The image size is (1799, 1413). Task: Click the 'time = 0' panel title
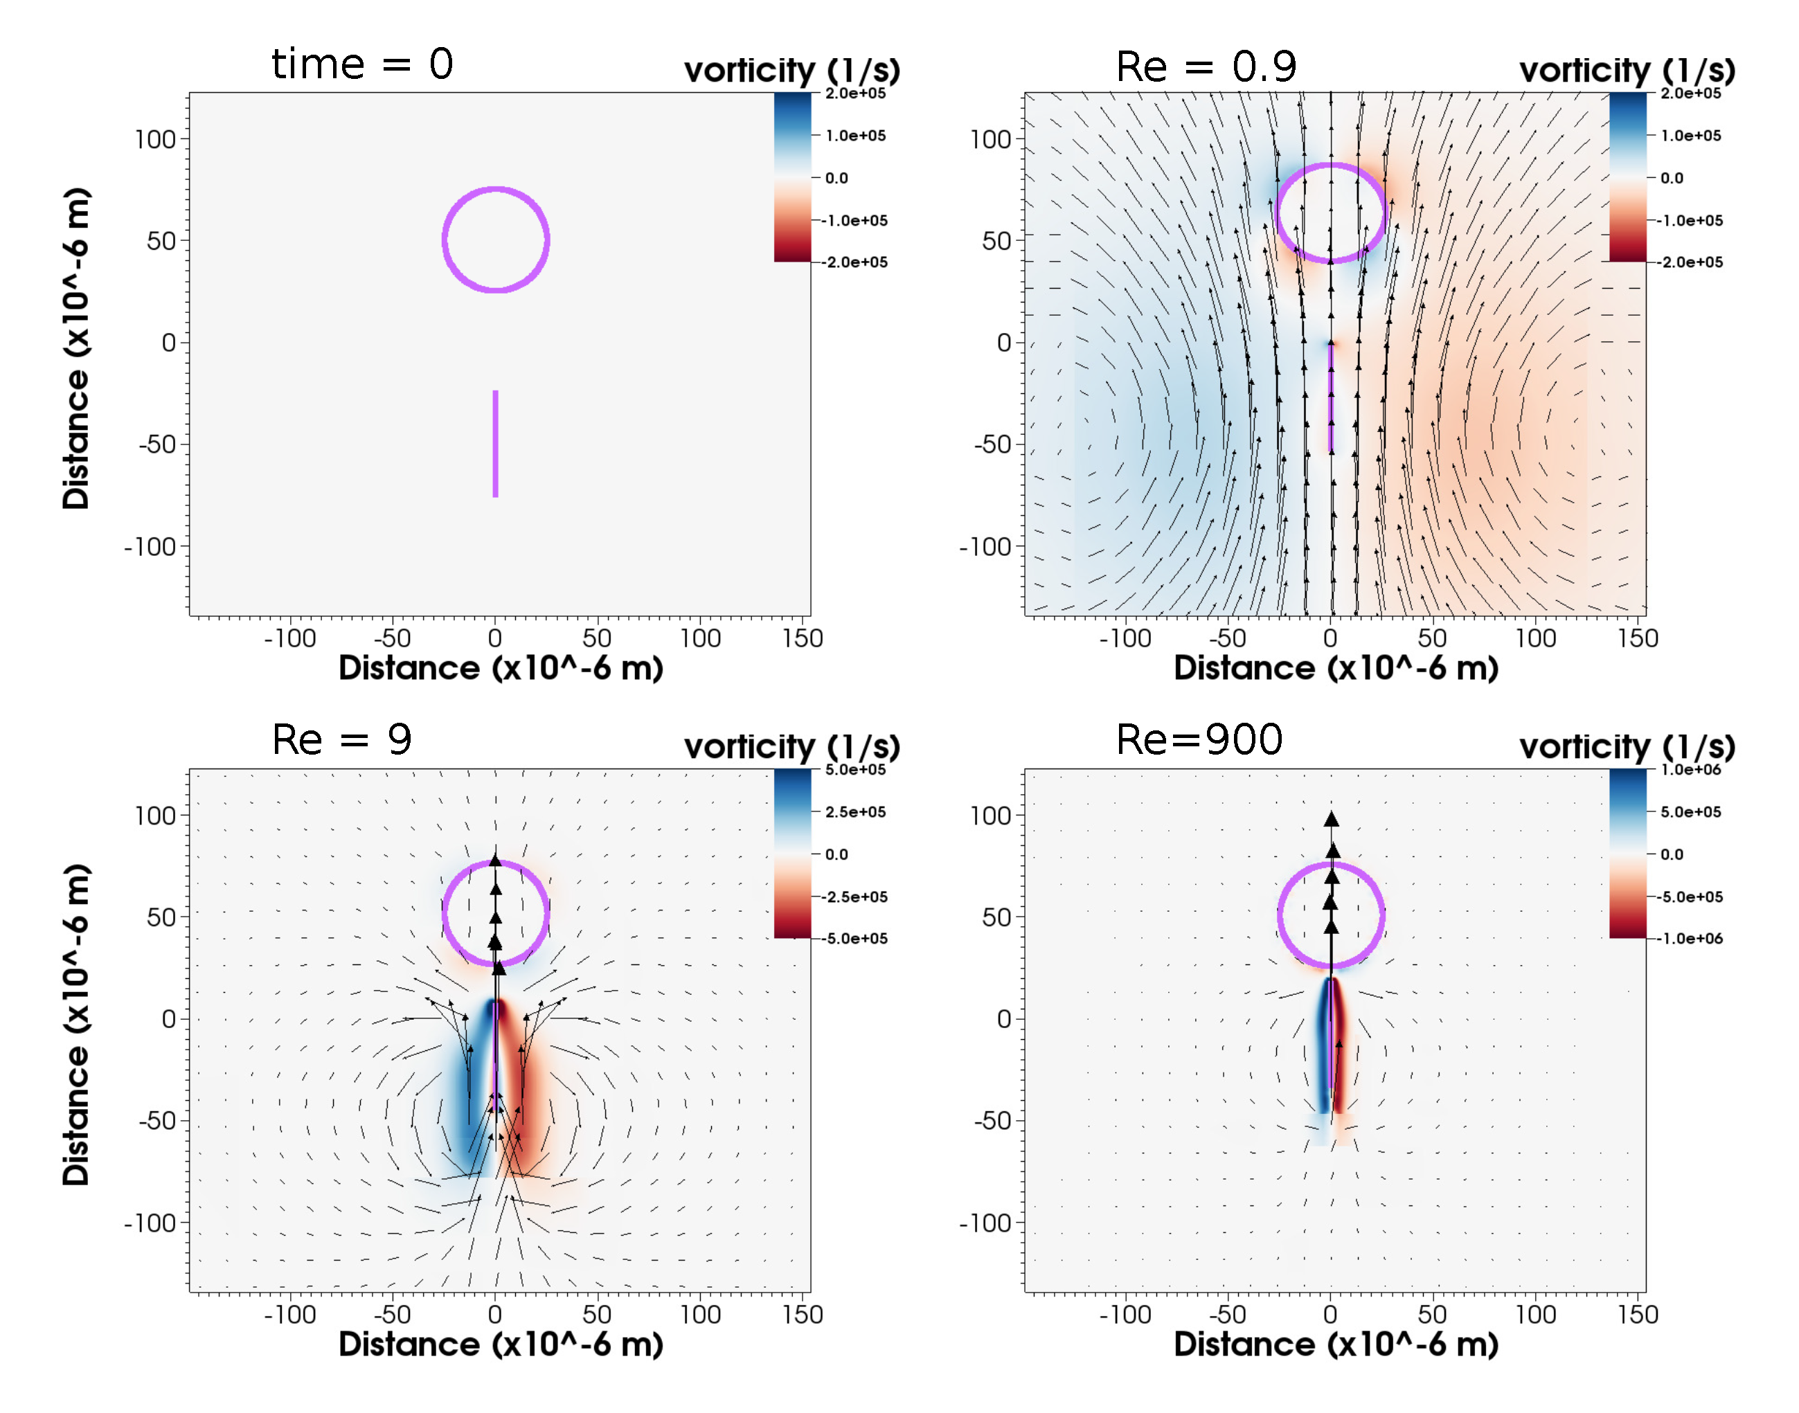click(x=361, y=64)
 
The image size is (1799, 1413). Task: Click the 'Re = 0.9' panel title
click(x=1205, y=66)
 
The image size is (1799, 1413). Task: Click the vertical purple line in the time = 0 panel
click(x=495, y=444)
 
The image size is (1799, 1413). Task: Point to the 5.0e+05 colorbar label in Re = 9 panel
click(x=854, y=769)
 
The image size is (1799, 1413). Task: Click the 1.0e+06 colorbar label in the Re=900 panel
click(x=1690, y=769)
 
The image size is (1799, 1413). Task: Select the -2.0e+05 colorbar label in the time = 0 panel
click(x=854, y=262)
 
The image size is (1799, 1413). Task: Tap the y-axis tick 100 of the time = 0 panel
click(x=156, y=139)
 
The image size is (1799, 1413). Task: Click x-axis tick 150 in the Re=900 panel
click(x=1637, y=1315)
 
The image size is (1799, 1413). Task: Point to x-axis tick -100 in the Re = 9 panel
click(x=289, y=1315)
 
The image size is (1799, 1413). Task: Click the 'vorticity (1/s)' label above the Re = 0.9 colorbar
click(x=1626, y=71)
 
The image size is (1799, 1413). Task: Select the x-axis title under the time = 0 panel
click(x=501, y=667)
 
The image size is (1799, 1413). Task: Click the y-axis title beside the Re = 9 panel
click(x=76, y=1024)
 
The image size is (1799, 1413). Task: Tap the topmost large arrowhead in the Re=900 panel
click(x=1331, y=819)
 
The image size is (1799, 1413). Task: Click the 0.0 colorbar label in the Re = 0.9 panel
click(x=1671, y=178)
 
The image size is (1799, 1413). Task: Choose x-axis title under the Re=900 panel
click(x=1336, y=1344)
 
